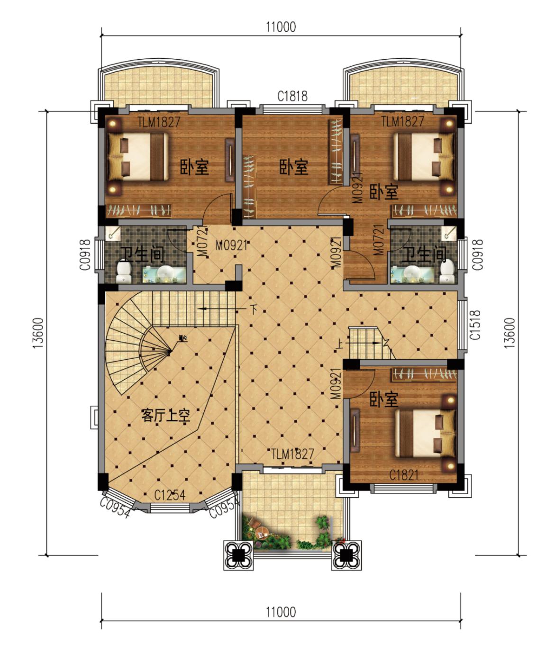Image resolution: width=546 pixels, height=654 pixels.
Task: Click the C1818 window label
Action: pyautogui.click(x=292, y=96)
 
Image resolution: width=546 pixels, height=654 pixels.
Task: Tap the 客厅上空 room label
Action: pyautogui.click(x=166, y=415)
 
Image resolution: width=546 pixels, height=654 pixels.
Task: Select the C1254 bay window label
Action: pyautogui.click(x=170, y=495)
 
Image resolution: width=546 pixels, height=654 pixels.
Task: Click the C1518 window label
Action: pyautogui.click(x=475, y=325)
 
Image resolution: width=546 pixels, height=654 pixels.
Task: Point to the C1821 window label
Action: pyautogui.click(x=404, y=475)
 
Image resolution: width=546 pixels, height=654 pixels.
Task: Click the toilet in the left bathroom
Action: pyautogui.click(x=124, y=272)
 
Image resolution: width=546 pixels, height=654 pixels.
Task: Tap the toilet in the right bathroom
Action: pyautogui.click(x=447, y=271)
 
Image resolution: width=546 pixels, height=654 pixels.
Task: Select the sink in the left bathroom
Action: pyautogui.click(x=164, y=274)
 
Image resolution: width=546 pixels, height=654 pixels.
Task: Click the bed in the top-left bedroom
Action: pyautogui.click(x=138, y=156)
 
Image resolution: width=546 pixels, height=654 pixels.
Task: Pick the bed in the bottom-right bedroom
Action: pyautogui.click(x=425, y=433)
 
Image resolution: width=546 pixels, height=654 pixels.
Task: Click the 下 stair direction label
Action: pyautogui.click(x=254, y=310)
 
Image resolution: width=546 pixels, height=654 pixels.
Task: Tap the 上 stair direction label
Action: pyautogui.click(x=339, y=345)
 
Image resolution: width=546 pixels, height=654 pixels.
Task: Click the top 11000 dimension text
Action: pyautogui.click(x=281, y=27)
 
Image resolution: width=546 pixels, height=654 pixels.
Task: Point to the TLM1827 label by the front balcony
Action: pyautogui.click(x=292, y=454)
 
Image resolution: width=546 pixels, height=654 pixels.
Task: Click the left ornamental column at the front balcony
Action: pyautogui.click(x=238, y=555)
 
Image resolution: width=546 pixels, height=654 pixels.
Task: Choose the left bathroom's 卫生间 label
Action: pyautogui.click(x=143, y=254)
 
